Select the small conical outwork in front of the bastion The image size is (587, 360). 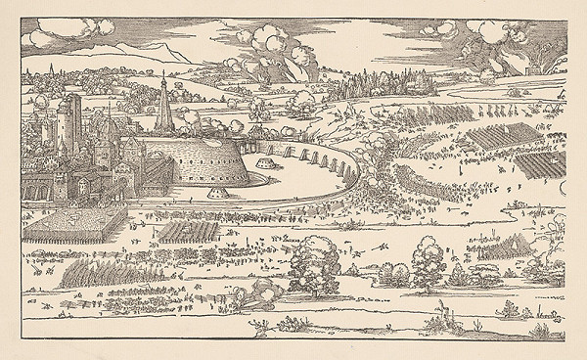(266, 171)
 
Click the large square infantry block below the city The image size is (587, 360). (72, 227)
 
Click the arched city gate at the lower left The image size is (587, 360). (88, 186)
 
